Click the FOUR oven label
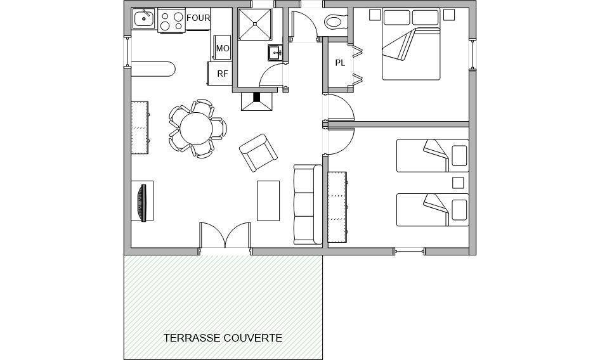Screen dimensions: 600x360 click(199, 18)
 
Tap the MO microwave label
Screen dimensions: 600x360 click(223, 49)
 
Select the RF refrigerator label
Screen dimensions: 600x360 click(223, 74)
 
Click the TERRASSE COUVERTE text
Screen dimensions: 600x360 click(223, 338)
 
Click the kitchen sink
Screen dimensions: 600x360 click(144, 18)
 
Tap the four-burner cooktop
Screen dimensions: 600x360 click(171, 21)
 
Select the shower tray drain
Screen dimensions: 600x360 click(254, 23)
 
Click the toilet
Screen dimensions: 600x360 click(336, 22)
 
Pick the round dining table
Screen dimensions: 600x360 click(196, 129)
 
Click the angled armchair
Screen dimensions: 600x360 click(258, 153)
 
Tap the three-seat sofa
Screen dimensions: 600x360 click(308, 204)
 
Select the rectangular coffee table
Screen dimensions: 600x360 click(268, 201)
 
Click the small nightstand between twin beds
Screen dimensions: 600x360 click(458, 183)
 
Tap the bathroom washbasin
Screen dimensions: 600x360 click(275, 53)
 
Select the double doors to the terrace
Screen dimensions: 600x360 click(225, 235)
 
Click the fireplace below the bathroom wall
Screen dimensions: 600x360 click(256, 101)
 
